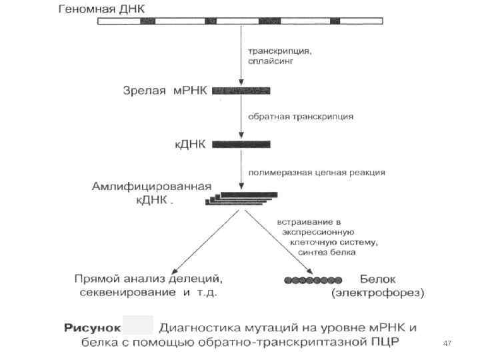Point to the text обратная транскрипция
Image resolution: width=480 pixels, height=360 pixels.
click(301, 116)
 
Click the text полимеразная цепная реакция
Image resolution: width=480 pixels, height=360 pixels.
click(316, 172)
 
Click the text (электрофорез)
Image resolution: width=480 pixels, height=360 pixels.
click(377, 292)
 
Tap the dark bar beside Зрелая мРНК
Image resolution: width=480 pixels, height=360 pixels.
click(241, 90)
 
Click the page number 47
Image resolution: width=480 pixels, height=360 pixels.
click(447, 343)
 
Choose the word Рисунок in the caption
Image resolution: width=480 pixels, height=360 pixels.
click(93, 328)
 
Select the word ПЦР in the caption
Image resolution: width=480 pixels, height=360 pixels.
click(400, 343)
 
